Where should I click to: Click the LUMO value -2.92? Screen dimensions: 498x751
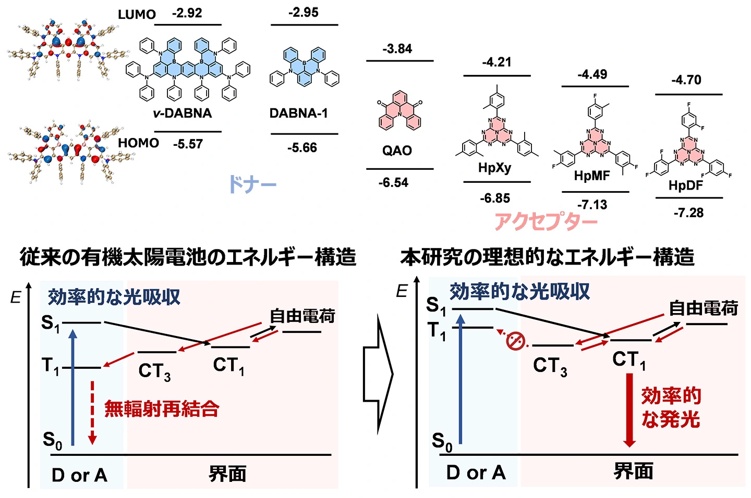click(187, 13)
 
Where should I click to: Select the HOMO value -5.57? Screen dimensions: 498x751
click(188, 144)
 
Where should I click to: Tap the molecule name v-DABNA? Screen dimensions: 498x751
click(182, 113)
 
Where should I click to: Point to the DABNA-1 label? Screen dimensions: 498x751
click(298, 113)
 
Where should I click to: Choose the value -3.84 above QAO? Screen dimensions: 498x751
click(397, 49)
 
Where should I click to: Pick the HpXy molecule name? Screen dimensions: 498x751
click(494, 168)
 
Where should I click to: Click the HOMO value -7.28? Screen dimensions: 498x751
click(688, 213)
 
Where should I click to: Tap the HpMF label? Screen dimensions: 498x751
click(592, 176)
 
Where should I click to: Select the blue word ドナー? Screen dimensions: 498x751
click(252, 184)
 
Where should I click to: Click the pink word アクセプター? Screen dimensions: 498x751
click(546, 221)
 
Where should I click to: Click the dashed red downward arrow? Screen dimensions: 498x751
click(92, 412)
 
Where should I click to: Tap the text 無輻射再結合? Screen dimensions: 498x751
click(162, 409)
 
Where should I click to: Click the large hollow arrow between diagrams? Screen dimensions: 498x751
click(378, 373)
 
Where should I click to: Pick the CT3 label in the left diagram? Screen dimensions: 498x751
click(154, 371)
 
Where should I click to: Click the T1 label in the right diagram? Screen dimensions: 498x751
click(437, 331)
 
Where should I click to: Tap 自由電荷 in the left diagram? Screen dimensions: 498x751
click(302, 316)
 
